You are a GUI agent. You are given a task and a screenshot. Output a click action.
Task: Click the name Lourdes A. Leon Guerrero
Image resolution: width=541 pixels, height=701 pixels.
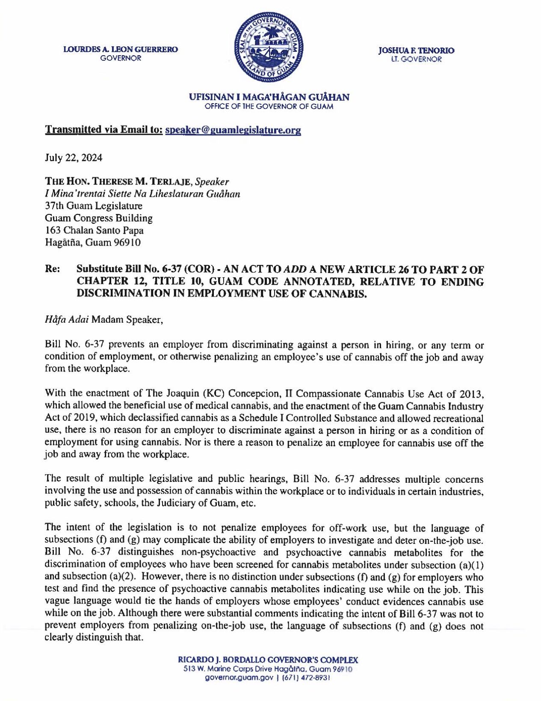tap(121, 50)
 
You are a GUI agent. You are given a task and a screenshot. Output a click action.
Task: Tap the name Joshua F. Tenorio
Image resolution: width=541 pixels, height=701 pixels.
tap(416, 50)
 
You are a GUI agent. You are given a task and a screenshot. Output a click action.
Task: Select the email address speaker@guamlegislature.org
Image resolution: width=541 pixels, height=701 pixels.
tap(233, 130)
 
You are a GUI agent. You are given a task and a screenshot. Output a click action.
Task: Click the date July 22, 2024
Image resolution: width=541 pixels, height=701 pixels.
tap(74, 157)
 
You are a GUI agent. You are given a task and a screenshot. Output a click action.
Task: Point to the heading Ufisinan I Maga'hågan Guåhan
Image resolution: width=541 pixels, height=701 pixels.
tap(269, 97)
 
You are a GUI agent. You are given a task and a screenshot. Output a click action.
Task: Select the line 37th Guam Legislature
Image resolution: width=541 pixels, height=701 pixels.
tap(94, 206)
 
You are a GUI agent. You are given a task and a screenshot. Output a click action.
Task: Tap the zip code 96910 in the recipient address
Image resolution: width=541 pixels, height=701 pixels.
tap(127, 243)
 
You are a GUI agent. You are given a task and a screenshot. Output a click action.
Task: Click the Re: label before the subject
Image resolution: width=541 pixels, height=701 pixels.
tap(52, 269)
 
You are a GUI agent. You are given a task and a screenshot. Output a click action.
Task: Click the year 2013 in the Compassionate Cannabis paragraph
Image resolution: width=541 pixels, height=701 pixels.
tap(471, 393)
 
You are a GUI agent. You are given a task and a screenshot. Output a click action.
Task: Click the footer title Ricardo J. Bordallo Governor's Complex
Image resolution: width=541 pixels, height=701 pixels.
tap(268, 660)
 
